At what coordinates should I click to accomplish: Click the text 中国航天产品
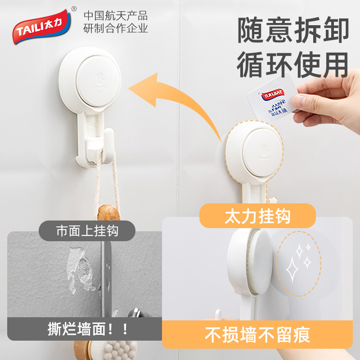116,16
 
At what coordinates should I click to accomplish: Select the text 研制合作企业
116,29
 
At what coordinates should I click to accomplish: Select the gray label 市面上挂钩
87,231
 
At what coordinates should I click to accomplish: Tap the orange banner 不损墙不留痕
257,335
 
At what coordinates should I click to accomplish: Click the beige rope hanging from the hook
112,175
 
